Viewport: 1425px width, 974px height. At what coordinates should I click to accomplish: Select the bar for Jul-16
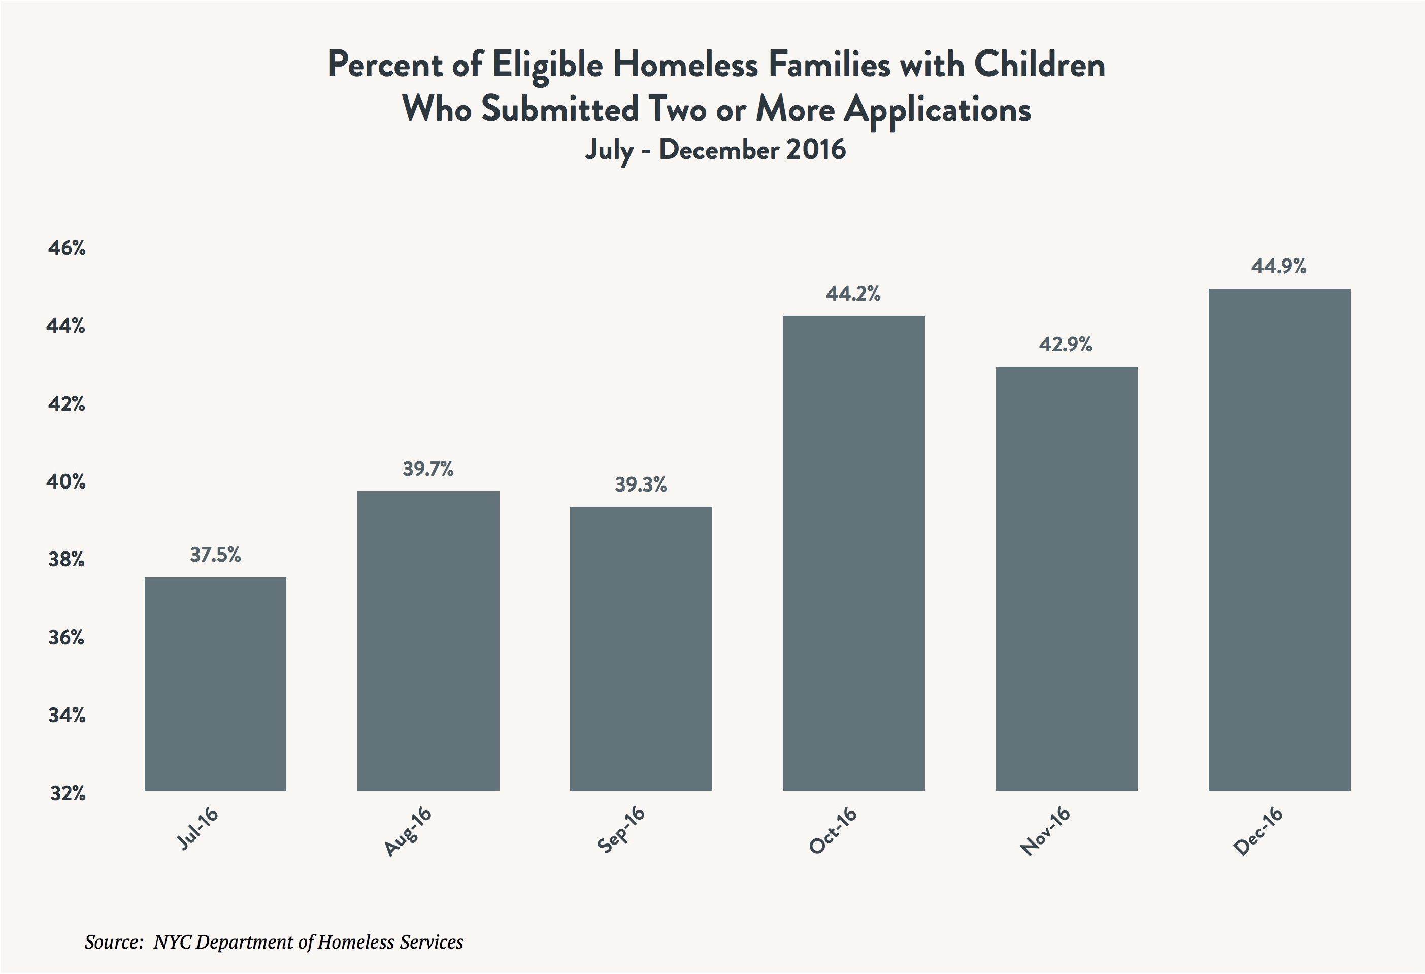coord(215,684)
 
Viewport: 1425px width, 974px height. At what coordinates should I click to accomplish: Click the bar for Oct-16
coord(853,553)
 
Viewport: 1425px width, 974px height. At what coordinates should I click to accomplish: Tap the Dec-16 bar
coord(1279,540)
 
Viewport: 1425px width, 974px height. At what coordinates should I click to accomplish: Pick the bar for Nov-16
coord(1066,578)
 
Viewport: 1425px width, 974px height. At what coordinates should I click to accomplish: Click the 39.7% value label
coord(428,469)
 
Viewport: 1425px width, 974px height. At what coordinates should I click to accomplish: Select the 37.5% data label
coord(215,555)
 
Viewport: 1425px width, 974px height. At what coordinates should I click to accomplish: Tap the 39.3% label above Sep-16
coord(641,485)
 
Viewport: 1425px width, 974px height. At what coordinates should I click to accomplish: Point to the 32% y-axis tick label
coord(68,794)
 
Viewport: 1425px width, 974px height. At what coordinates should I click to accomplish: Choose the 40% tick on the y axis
coord(66,482)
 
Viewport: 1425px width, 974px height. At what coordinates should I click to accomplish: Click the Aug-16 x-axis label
coord(408,831)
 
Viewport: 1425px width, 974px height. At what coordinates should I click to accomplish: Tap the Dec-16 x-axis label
coord(1258,831)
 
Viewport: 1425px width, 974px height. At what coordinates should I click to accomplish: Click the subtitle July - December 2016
coord(715,150)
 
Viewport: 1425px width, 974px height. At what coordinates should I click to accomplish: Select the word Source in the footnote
coord(113,941)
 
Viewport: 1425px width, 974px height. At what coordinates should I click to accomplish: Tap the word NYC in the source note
coord(172,941)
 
